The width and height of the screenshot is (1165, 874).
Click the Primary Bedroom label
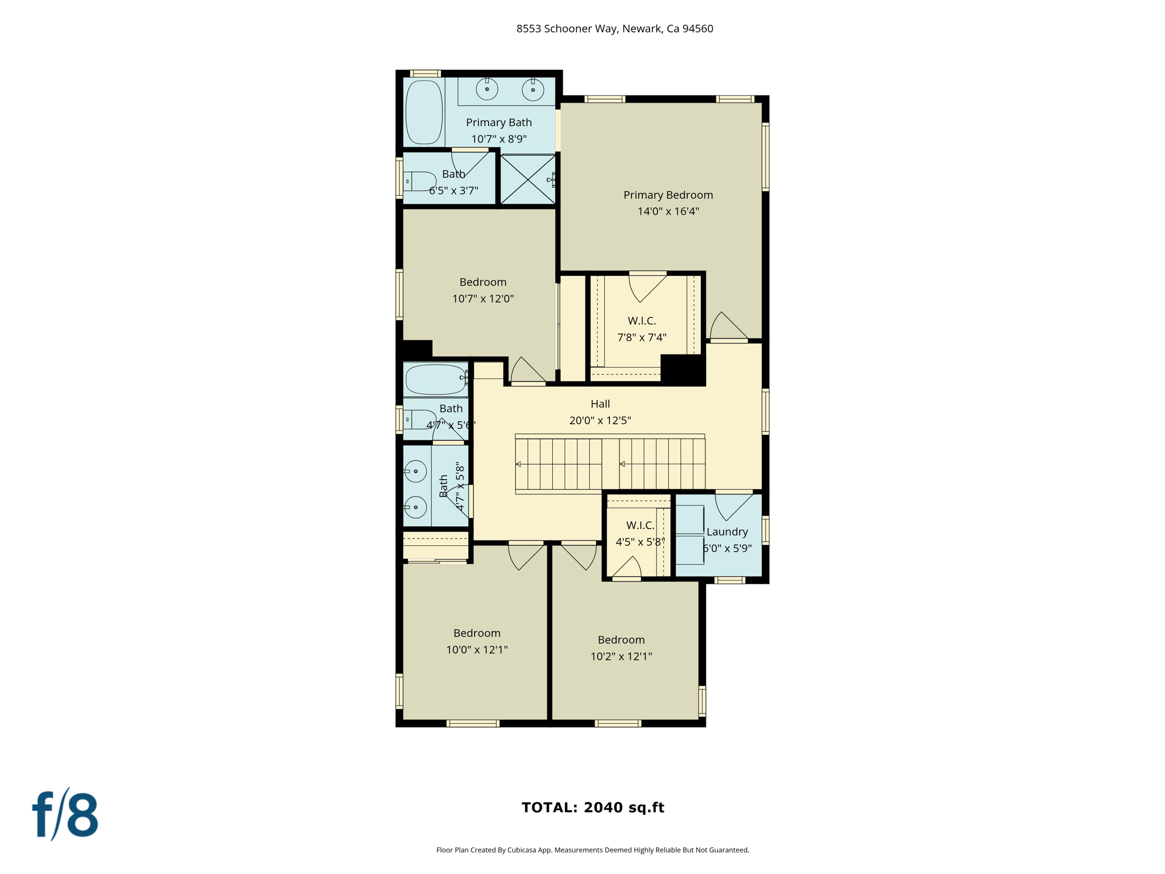pos(668,195)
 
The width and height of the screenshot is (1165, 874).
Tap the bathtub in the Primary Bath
pos(424,112)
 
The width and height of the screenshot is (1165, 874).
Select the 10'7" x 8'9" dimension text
pos(499,139)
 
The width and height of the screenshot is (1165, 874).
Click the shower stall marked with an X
pos(527,179)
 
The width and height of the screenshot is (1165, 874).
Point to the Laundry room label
pos(727,532)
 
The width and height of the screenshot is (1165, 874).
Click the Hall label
pos(600,404)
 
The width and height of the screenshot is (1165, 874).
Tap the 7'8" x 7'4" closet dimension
pos(642,337)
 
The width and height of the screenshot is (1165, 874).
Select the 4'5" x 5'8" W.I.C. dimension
pos(640,542)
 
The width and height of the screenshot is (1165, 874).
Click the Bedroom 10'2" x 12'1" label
pos(621,640)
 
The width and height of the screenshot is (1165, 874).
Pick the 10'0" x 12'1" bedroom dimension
pos(477,650)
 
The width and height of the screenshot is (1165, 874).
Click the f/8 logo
pos(65,815)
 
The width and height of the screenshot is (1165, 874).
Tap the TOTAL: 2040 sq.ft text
pos(593,807)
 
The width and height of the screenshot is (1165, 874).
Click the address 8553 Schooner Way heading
pos(614,29)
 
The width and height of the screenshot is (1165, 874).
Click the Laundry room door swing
pos(733,506)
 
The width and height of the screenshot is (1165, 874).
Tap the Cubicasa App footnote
pos(593,850)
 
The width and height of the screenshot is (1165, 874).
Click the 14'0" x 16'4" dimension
pos(668,212)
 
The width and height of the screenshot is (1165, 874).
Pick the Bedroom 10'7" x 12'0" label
pos(483,282)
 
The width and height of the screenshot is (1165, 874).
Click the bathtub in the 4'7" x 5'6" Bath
pos(436,380)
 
